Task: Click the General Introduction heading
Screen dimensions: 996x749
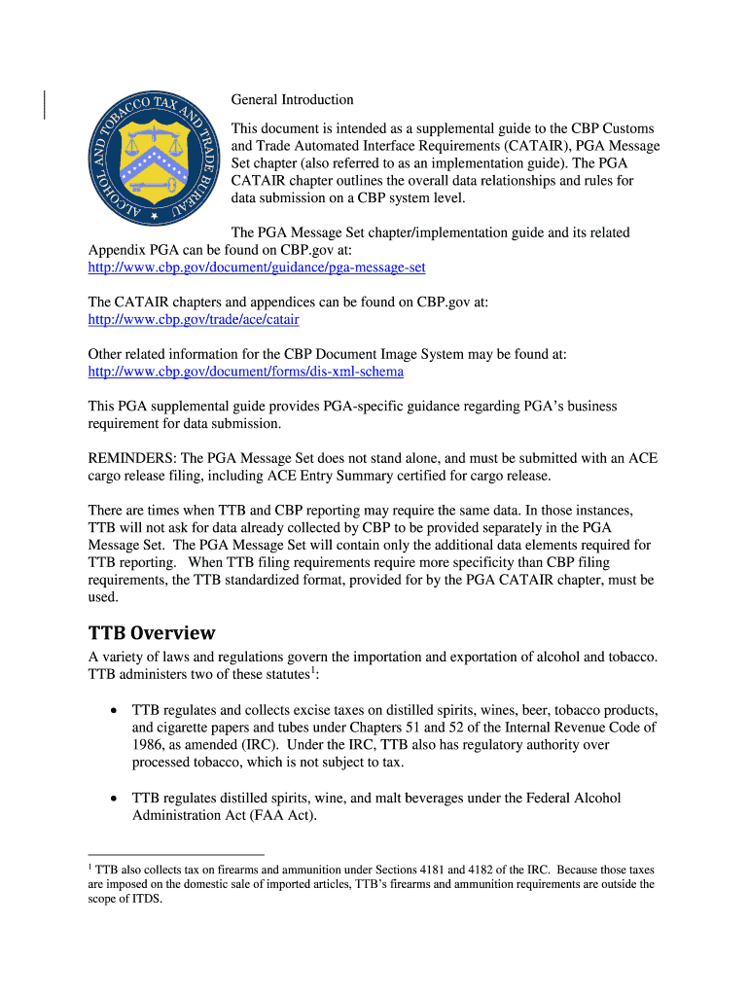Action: (x=292, y=100)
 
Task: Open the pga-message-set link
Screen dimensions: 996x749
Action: (x=257, y=267)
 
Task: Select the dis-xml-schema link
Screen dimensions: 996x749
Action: (x=245, y=373)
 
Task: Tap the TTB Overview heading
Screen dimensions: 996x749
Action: (x=151, y=633)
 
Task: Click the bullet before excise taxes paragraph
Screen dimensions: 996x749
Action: (x=115, y=710)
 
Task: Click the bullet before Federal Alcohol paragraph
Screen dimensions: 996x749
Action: (x=115, y=799)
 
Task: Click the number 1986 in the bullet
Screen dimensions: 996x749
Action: (x=151, y=745)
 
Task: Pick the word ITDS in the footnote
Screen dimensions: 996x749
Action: (x=146, y=899)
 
